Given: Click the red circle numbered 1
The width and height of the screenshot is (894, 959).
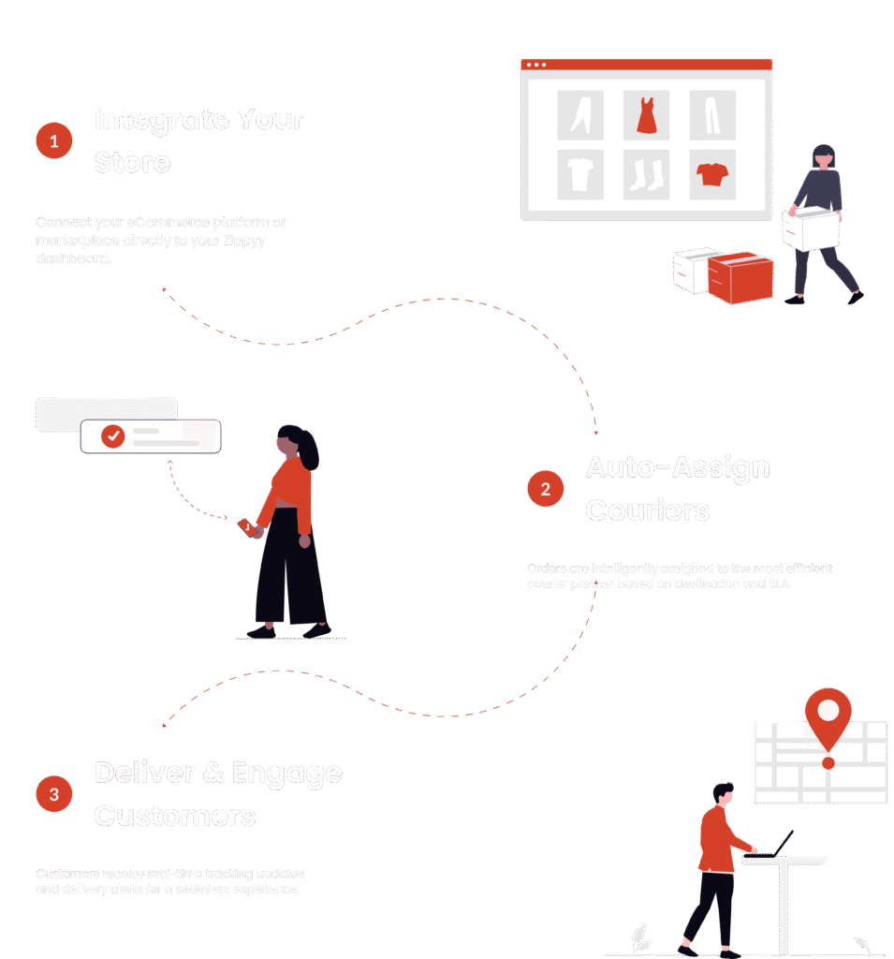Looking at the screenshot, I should pos(54,141).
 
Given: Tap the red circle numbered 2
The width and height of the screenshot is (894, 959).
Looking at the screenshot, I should pos(545,488).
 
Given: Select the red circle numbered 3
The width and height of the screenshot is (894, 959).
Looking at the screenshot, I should pos(54,794).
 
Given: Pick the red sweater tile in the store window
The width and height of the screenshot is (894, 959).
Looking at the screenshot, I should pos(712,174).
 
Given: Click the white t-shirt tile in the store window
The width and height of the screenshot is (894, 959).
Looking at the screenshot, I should pos(580,174).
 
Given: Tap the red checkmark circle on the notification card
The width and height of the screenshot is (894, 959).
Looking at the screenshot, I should pos(113,435).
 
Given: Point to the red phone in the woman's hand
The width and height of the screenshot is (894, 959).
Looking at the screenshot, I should pos(246,527).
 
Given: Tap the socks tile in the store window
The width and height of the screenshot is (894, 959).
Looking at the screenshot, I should pos(647,174).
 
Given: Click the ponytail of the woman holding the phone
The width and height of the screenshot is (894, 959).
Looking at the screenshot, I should pos(309,453).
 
